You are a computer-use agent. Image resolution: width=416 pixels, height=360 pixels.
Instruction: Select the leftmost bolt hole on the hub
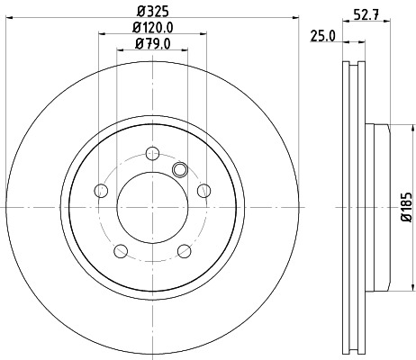tap(101, 190)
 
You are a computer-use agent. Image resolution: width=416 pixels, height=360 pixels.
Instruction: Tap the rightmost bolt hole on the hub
tap(204, 190)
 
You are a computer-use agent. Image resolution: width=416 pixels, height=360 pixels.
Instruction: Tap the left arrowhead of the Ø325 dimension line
tap(9, 19)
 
